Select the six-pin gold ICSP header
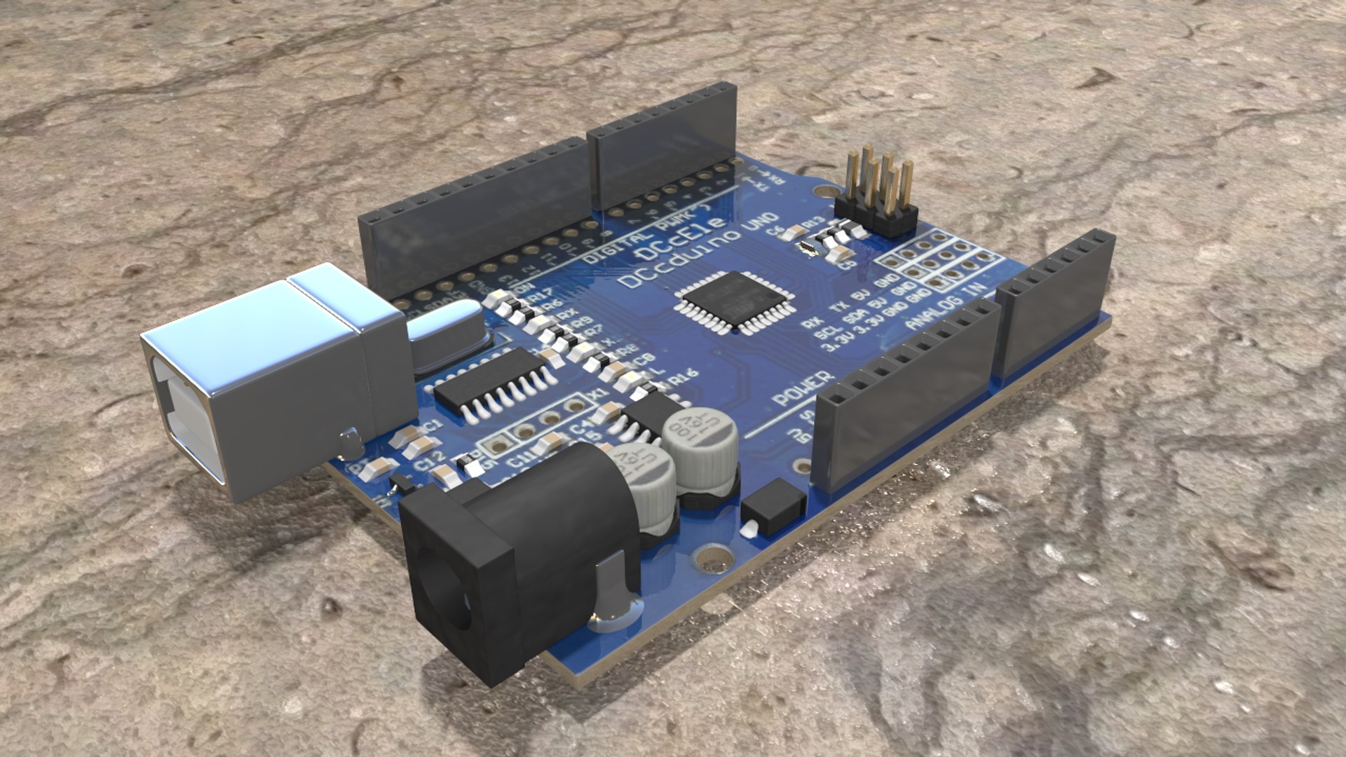click(x=876, y=193)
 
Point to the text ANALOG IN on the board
click(x=946, y=308)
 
